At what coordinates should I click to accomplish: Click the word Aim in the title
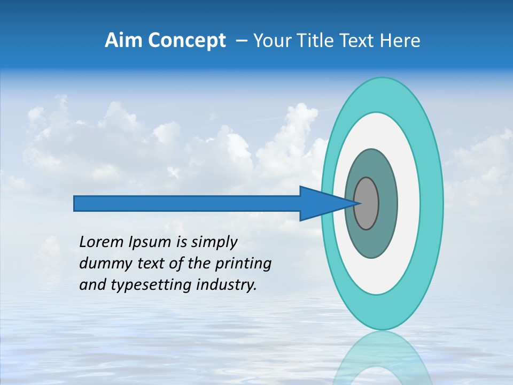click(x=123, y=41)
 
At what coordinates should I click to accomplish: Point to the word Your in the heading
click(x=270, y=41)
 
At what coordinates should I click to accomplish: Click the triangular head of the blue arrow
click(x=321, y=203)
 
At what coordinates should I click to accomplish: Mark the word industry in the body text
click(x=227, y=285)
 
